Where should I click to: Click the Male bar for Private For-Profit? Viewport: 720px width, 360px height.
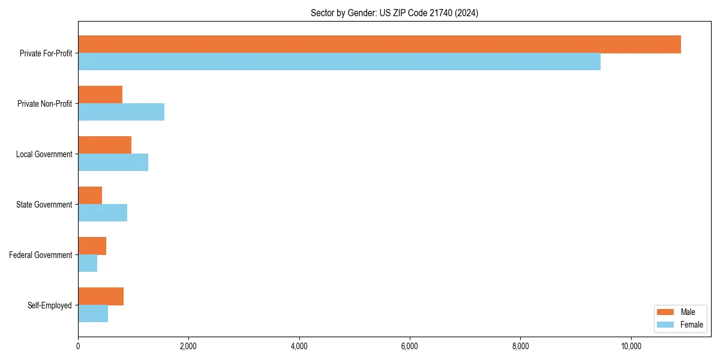pyautogui.click(x=379, y=44)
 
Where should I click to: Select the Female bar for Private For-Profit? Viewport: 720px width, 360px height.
pyautogui.click(x=339, y=62)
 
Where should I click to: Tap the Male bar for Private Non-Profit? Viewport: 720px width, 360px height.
pyautogui.click(x=100, y=95)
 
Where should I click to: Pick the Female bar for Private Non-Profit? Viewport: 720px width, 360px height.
pyautogui.click(x=121, y=112)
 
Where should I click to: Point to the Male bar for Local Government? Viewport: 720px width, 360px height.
pyautogui.click(x=104, y=145)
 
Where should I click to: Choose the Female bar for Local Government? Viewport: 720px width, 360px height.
pyautogui.click(x=113, y=163)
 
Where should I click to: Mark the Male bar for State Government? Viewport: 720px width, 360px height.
pyautogui.click(x=90, y=196)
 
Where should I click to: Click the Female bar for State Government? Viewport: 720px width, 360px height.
pyautogui.click(x=103, y=213)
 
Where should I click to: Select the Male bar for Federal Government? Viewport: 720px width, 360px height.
pyautogui.click(x=92, y=246)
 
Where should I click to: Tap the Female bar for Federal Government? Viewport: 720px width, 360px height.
pyautogui.click(x=88, y=263)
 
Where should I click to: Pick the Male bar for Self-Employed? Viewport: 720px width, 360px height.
pyautogui.click(x=101, y=296)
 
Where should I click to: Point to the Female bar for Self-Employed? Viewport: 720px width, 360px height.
pyautogui.click(x=93, y=314)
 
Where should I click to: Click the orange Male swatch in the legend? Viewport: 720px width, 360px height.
pyautogui.click(x=666, y=312)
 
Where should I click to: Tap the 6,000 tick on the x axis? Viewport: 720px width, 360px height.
pyautogui.click(x=409, y=346)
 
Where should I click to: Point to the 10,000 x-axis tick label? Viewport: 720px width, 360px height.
pyautogui.click(x=631, y=346)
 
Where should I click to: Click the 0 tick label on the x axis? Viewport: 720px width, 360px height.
pyautogui.click(x=78, y=346)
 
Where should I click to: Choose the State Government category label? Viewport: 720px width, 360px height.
pyautogui.click(x=44, y=205)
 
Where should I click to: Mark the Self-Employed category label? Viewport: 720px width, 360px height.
pyautogui.click(x=50, y=305)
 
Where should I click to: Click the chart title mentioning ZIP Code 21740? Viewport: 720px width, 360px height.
pyautogui.click(x=394, y=13)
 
